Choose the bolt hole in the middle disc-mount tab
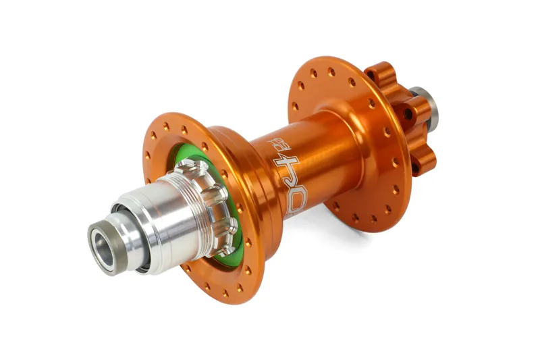tap(408, 114)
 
